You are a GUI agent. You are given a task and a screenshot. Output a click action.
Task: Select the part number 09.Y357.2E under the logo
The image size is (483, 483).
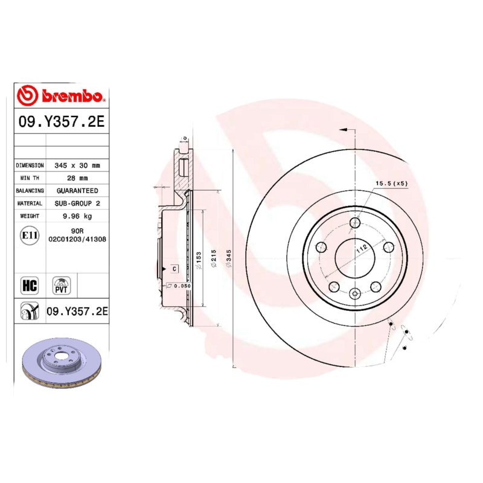tap(62, 121)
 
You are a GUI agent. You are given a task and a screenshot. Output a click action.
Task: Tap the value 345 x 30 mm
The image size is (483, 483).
tap(77, 165)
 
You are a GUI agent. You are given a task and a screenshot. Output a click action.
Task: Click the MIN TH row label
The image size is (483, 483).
tap(30, 178)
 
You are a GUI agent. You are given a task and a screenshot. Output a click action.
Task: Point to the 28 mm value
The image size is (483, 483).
tap(77, 178)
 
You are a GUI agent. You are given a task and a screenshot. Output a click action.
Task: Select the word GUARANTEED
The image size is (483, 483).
tap(77, 191)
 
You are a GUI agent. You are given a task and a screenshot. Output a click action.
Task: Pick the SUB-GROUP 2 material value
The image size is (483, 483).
tap(77, 203)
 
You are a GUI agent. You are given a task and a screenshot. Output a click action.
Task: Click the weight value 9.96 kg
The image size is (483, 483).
tap(77, 216)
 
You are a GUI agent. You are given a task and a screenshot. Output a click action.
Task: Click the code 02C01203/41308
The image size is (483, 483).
tap(77, 239)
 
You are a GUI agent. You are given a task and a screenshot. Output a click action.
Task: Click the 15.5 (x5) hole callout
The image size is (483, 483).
tap(392, 183)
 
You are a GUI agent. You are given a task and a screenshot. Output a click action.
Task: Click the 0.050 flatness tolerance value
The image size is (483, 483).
tap(181, 286)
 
